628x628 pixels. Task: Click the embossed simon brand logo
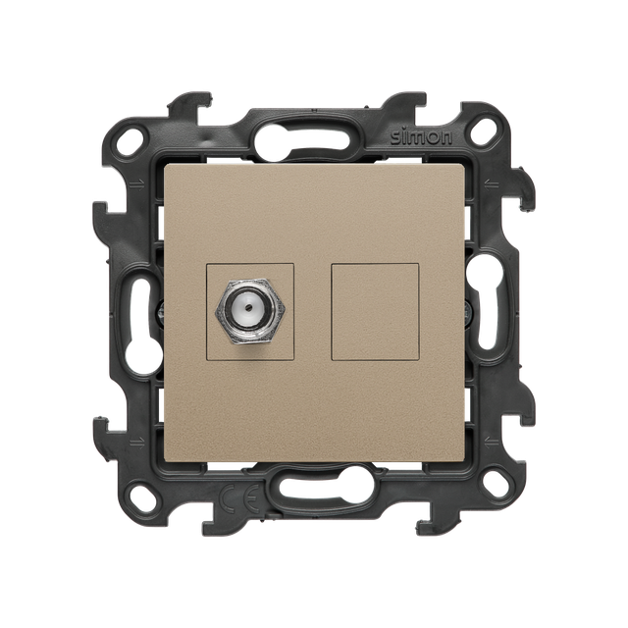coord(421,137)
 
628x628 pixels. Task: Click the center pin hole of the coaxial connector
coord(249,308)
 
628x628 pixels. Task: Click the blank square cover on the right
coord(375,311)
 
